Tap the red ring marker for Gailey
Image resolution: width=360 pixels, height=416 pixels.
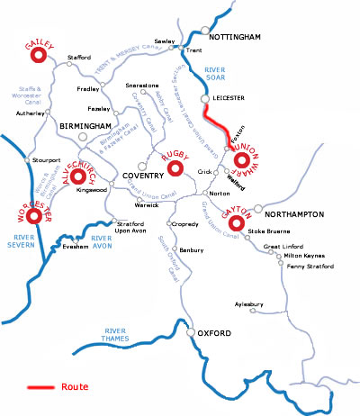click(x=38, y=57)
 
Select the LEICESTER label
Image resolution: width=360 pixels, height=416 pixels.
click(x=232, y=95)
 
